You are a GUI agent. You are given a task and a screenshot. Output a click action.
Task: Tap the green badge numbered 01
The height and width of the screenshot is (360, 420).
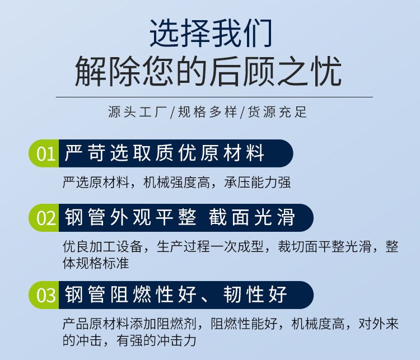[44, 153]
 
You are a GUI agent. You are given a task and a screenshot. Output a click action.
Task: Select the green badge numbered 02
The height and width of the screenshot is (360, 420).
[44, 218]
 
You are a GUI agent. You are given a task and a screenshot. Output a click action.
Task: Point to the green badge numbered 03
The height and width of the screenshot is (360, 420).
[44, 295]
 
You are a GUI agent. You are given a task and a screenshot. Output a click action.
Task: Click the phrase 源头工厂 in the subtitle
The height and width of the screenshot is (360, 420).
[138, 112]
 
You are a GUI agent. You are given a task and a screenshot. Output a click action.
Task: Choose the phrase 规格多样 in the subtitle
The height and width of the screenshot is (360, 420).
[208, 112]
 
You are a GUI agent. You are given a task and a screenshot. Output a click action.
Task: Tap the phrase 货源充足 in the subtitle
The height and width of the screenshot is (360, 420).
[277, 112]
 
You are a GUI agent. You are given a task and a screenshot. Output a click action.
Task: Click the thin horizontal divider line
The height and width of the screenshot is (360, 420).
[214, 97]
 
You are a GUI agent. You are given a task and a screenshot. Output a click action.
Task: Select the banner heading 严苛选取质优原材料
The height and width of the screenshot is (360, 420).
[165, 153]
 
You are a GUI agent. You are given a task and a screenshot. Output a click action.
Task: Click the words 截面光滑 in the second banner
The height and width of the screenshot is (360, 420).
[252, 217]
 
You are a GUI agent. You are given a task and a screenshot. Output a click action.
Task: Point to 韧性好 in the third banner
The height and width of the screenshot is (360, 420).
[255, 294]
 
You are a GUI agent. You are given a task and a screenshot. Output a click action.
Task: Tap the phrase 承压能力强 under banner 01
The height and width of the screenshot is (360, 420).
[258, 183]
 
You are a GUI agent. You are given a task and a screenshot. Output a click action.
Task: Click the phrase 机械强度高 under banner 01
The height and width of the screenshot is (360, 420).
[176, 183]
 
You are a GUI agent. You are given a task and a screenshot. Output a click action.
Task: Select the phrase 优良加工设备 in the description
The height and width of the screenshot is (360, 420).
[102, 246]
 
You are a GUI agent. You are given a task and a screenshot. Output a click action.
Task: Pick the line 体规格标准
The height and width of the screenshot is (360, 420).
[96, 263]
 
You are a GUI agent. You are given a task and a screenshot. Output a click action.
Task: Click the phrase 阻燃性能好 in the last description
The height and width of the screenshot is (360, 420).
[244, 324]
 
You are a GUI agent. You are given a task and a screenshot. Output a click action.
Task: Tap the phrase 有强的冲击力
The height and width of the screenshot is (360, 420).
[156, 340]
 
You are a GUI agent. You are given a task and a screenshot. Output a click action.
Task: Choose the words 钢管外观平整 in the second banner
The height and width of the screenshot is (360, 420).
[131, 217]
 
